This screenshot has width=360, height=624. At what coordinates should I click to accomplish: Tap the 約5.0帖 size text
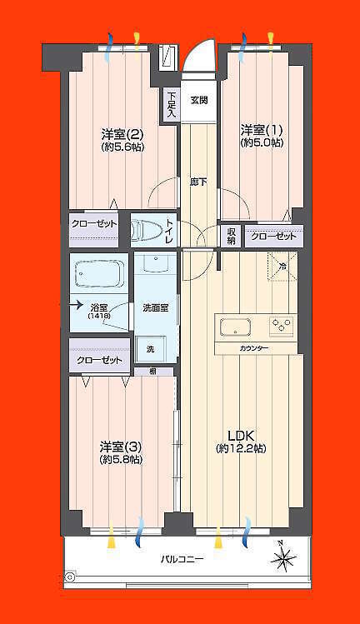pyautogui.click(x=261, y=143)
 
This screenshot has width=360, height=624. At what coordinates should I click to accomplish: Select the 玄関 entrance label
pyautogui.click(x=198, y=101)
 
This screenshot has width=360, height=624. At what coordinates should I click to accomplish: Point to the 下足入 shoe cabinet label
pyautogui.click(x=170, y=104)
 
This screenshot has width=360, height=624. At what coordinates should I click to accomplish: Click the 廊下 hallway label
pyautogui.click(x=198, y=182)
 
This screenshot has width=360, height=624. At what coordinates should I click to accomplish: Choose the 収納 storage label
pyautogui.click(x=231, y=237)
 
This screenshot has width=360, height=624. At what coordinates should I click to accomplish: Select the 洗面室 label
pyautogui.click(x=155, y=307)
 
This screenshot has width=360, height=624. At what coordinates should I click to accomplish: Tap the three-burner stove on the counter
pyautogui.click(x=281, y=326)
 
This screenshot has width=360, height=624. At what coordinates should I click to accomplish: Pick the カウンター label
pyautogui.click(x=253, y=347)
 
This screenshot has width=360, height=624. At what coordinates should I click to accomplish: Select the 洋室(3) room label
pyautogui.click(x=120, y=446)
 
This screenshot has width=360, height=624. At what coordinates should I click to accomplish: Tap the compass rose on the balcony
pyautogui.click(x=283, y=557)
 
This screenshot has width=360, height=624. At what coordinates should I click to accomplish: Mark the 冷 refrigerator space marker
pyautogui.click(x=282, y=267)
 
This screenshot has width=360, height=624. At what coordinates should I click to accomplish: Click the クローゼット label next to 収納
pyautogui.click(x=273, y=237)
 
